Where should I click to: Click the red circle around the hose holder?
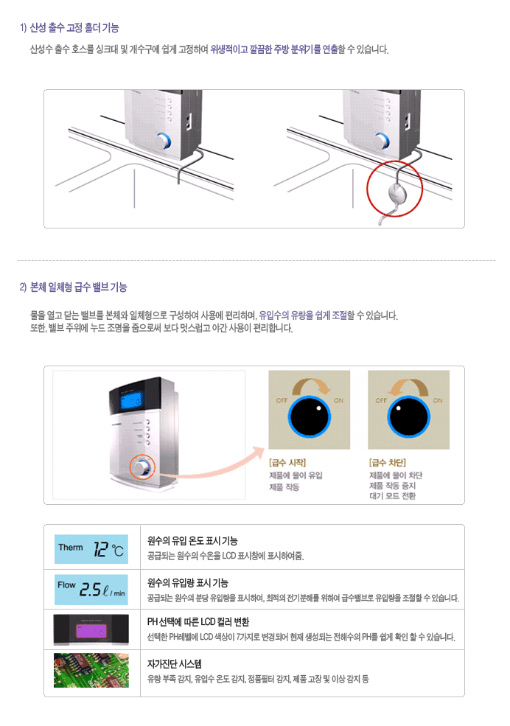click(x=368, y=189)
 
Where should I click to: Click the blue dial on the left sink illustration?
click(x=163, y=141)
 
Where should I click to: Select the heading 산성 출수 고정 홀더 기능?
click(x=74, y=28)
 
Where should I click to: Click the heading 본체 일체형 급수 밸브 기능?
click(x=78, y=287)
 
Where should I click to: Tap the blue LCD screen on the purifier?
click(x=130, y=402)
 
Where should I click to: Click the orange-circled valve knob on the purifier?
click(x=142, y=467)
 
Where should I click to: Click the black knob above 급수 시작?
click(x=309, y=416)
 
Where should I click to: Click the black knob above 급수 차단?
click(x=408, y=416)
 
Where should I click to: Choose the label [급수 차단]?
click(x=388, y=463)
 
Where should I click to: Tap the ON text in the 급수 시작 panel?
click(x=339, y=400)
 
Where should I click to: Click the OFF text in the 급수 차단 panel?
click(x=381, y=400)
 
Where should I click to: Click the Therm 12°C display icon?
click(x=91, y=549)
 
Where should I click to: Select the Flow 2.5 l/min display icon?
click(x=91, y=590)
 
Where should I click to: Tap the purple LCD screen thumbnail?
click(x=91, y=629)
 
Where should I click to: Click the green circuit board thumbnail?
click(x=91, y=671)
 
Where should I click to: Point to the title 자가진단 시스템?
click(x=175, y=664)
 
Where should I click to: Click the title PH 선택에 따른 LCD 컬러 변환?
click(x=198, y=622)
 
